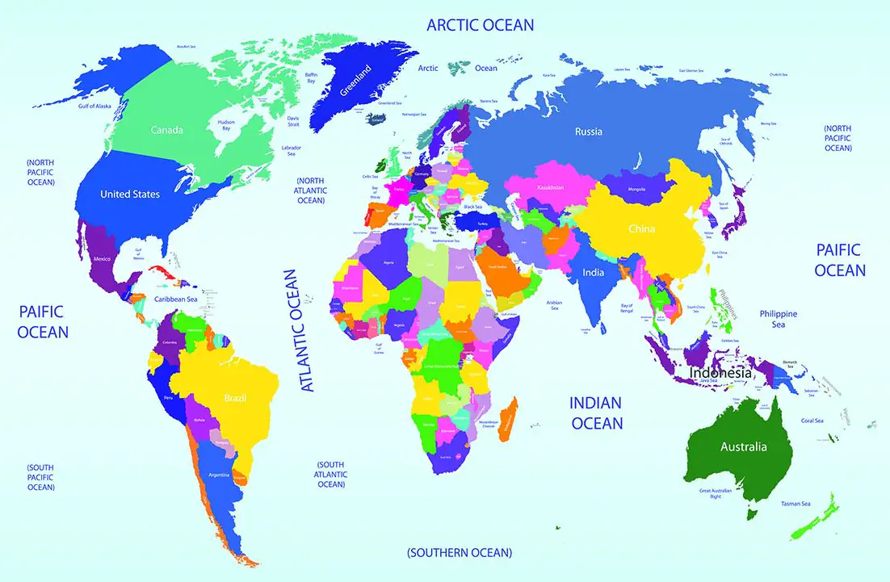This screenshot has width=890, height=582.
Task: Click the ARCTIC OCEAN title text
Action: (x=481, y=25)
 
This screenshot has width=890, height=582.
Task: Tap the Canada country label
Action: (x=167, y=130)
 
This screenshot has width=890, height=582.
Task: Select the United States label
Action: (x=129, y=194)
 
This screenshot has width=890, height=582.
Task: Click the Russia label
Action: (x=588, y=132)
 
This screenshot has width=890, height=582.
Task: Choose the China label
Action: (x=643, y=229)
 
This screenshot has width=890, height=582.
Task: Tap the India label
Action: (x=594, y=273)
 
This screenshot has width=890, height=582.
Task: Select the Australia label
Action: (x=744, y=446)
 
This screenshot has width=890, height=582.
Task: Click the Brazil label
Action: (x=235, y=398)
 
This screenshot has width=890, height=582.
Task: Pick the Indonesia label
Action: (x=720, y=375)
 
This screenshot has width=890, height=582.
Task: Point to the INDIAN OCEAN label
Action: (x=596, y=412)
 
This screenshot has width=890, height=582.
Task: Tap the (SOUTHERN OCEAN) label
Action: (x=460, y=553)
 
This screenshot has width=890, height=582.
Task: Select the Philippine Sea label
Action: (x=778, y=319)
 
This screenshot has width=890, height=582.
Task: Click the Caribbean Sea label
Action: (x=175, y=299)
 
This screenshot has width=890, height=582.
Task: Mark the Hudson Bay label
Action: (x=226, y=126)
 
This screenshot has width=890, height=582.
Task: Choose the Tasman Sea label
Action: (x=795, y=505)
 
